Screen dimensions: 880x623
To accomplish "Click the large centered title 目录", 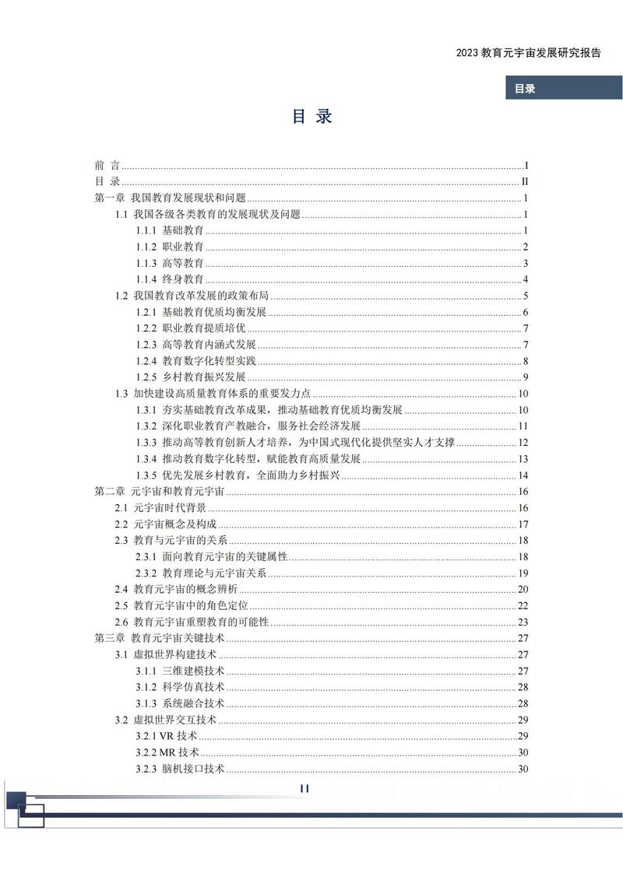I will click(311, 117).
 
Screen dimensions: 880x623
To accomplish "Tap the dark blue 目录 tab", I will click(525, 89).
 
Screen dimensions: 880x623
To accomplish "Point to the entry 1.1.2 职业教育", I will click(170, 247).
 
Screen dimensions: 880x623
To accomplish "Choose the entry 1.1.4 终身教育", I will click(170, 279).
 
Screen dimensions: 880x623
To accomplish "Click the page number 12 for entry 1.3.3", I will click(523, 442).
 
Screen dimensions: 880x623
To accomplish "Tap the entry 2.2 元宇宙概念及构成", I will click(166, 524).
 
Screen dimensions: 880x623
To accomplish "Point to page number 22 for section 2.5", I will click(523, 605).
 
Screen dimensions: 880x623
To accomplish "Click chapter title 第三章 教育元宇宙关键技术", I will click(153, 638).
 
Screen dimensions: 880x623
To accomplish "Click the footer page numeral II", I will click(304, 788).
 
